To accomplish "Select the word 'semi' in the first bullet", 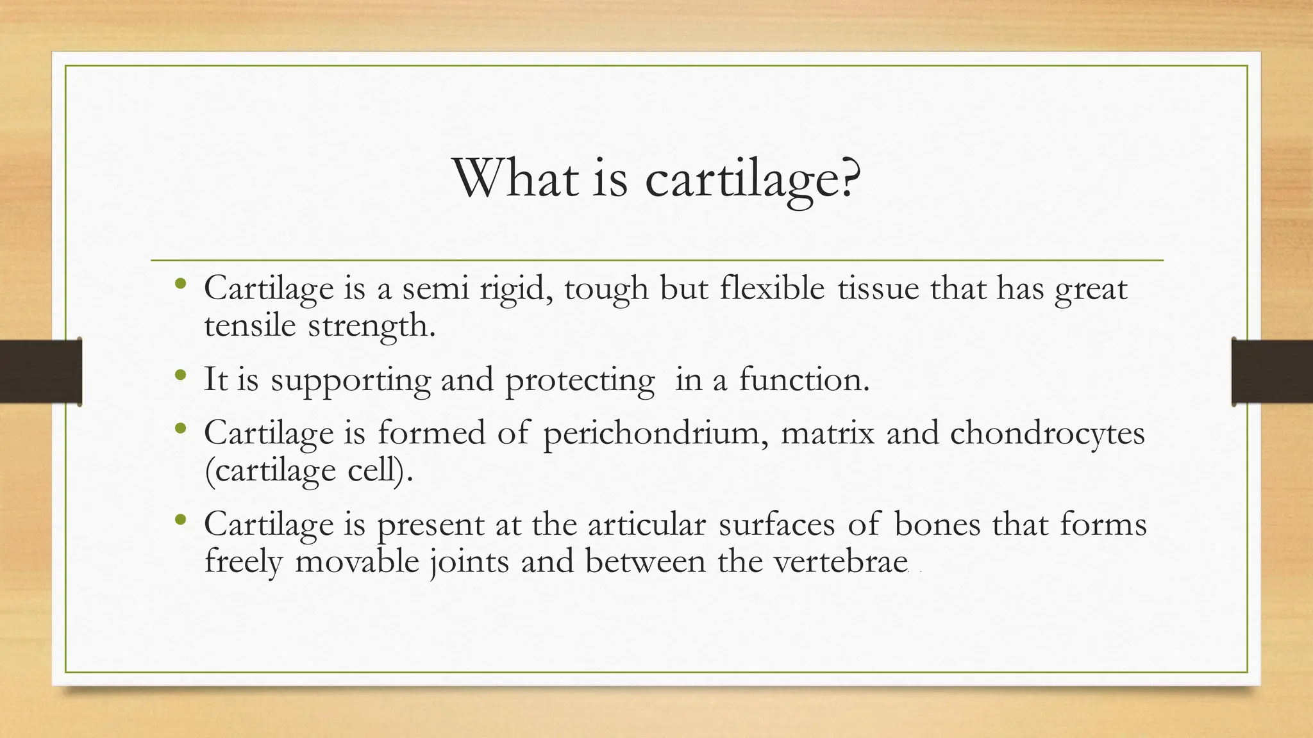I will coord(435,288).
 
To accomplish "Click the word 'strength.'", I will coord(372,325).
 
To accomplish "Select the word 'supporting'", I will coord(350,380).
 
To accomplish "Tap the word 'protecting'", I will coord(580,380).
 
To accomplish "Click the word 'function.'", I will coord(804,379).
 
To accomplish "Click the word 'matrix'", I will coord(827,433).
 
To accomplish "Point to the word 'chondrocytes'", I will coord(1047,433).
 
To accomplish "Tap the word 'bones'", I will coord(937,525).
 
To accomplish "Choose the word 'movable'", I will coord(356,562).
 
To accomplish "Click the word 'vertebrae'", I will coord(840,562).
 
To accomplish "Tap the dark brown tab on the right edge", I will coord(1272,372).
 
